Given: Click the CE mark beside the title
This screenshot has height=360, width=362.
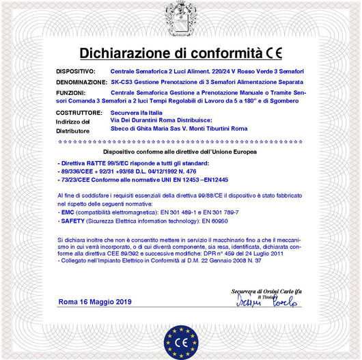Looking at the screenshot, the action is (x=274, y=53).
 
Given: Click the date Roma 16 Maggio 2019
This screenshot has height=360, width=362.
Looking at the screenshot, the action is (x=95, y=301).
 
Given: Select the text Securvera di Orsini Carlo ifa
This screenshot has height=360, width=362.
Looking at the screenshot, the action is (x=266, y=291).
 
